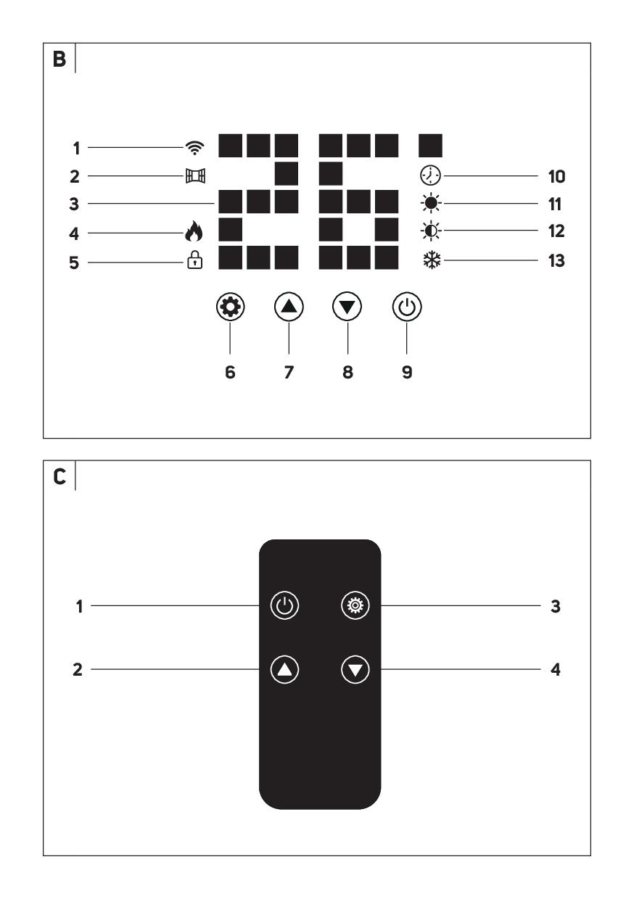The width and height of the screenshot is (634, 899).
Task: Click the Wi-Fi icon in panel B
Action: coord(194,148)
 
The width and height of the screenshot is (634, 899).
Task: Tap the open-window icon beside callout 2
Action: coord(195,175)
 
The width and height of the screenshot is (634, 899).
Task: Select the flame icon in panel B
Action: coord(194,231)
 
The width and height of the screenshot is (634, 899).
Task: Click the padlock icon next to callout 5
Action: coord(194,260)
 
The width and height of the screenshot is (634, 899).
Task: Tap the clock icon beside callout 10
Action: coord(430,175)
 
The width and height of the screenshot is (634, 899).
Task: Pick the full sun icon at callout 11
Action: coord(431,204)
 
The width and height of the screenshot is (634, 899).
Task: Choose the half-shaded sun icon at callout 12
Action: coord(431,231)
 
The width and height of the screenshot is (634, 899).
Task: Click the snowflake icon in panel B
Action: coord(432,260)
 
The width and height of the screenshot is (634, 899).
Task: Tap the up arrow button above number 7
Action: coord(289,307)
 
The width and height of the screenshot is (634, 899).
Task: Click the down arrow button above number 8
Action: coord(347,307)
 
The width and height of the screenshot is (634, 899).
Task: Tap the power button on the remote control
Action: coord(284,605)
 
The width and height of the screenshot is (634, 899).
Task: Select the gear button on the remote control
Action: coord(355,605)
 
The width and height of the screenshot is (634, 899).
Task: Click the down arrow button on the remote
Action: coord(355,669)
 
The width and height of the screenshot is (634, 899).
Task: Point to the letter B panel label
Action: coord(59,59)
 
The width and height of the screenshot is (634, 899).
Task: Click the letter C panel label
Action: coord(59,477)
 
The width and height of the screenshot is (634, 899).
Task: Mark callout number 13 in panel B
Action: coord(556,261)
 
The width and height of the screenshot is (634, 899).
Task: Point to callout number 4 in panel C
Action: coord(556,669)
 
